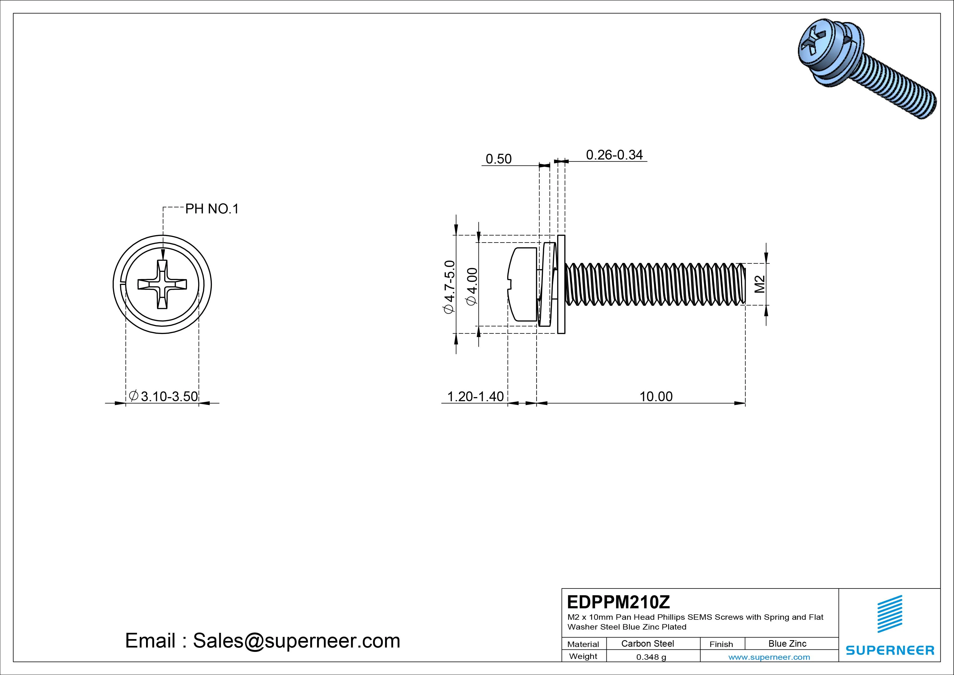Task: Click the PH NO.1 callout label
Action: click(x=212, y=209)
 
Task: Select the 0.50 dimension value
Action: click(x=498, y=159)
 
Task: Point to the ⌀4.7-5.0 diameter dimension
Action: click(x=450, y=287)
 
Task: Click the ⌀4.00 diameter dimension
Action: click(x=472, y=287)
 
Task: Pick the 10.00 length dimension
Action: click(x=656, y=396)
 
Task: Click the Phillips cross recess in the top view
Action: click(x=162, y=284)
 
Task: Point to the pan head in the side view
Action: click(x=523, y=284)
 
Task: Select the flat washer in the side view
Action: click(x=561, y=284)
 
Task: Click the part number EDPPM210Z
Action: click(x=618, y=602)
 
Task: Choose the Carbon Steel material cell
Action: click(x=647, y=643)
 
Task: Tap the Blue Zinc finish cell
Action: click(x=787, y=643)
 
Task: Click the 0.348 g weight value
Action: click(x=651, y=657)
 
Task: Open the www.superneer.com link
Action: click(x=769, y=657)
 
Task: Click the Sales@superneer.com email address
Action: click(x=296, y=640)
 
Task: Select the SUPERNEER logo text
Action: click(x=890, y=650)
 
